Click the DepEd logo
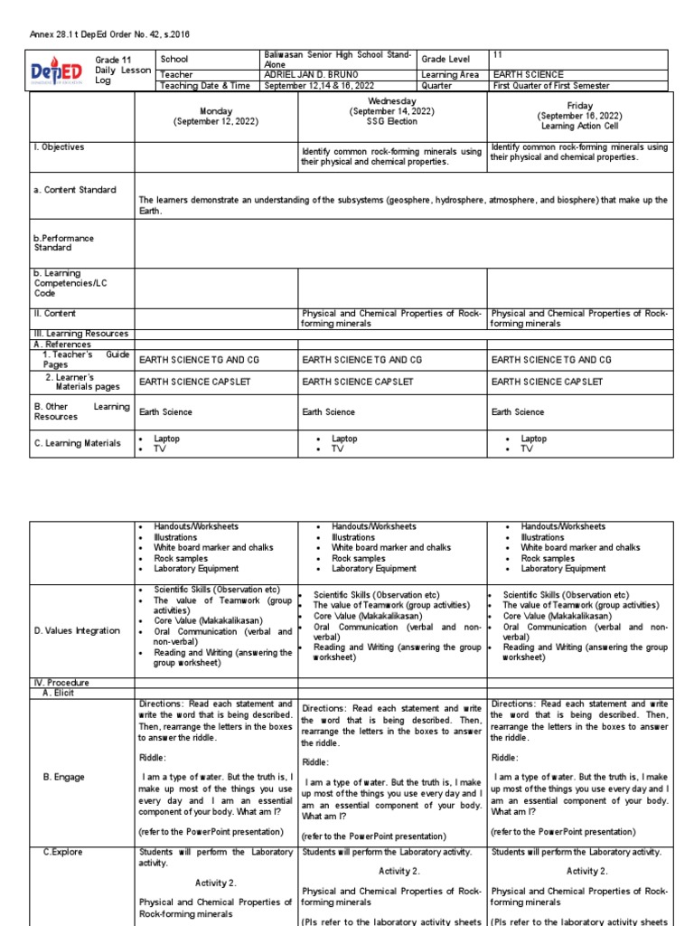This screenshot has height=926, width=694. pyautogui.click(x=61, y=71)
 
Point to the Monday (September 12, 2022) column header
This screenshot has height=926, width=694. pyautogui.click(x=215, y=117)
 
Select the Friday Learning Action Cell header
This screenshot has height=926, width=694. pyautogui.click(x=580, y=117)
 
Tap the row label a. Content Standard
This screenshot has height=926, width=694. pyautogui.click(x=75, y=190)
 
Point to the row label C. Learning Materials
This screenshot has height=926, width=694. pyautogui.click(x=77, y=443)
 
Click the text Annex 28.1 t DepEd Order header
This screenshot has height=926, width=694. pyautogui.click(x=109, y=34)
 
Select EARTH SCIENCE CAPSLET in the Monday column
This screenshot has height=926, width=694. pyautogui.click(x=194, y=382)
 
